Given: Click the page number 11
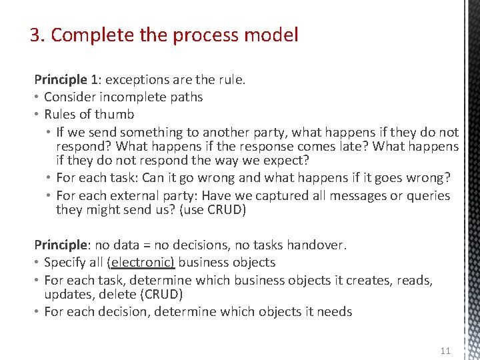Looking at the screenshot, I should coord(446,351).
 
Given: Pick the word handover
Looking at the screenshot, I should coord(317,245).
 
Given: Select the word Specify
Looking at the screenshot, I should coord(65,263).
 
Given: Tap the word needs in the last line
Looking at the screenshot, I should coord(334,311).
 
